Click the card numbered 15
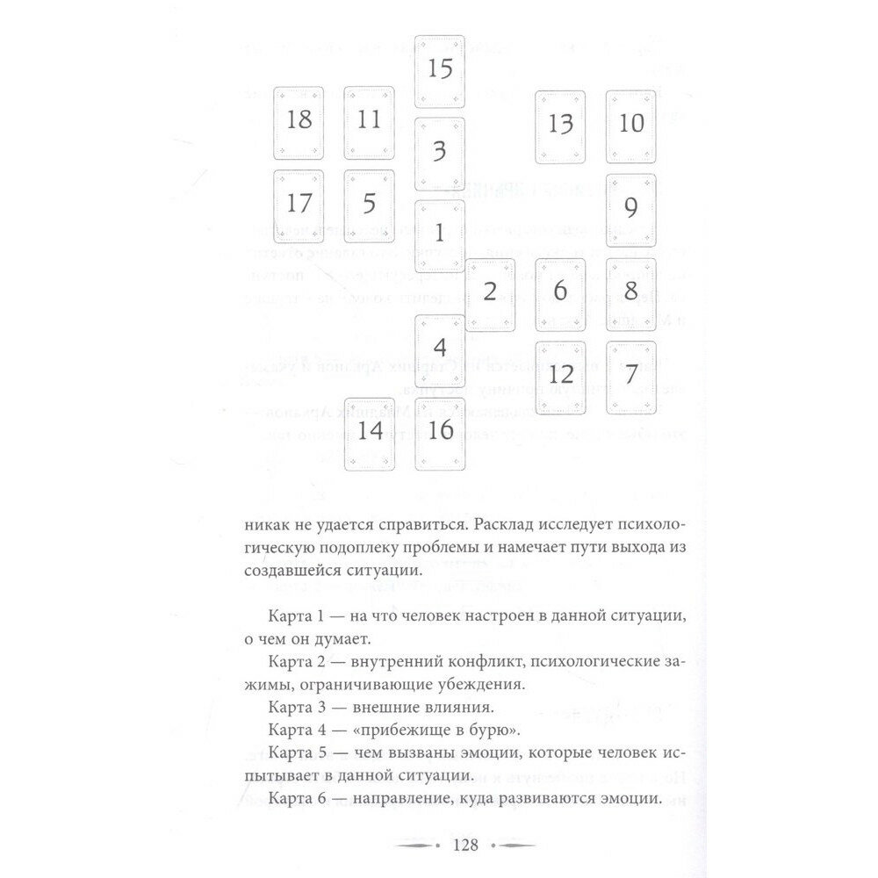point(440,68)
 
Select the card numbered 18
point(299,120)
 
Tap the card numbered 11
point(370,120)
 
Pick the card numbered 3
point(440,152)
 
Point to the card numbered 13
point(560,125)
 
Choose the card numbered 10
point(631,123)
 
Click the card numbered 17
point(299,203)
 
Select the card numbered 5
point(370,203)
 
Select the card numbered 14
point(370,432)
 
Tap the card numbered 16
point(440,432)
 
